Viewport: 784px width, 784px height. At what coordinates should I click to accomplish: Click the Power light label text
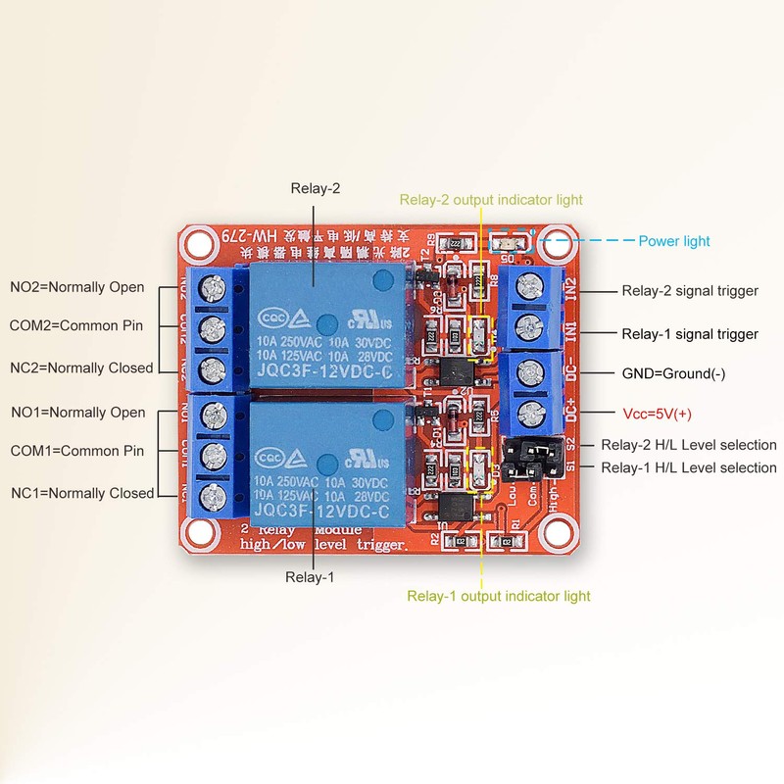coord(674,241)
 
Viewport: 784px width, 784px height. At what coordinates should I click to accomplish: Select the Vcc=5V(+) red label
coord(657,414)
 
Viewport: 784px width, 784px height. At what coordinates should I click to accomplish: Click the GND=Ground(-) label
coord(674,373)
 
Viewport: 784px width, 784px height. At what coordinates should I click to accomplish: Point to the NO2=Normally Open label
coord(77,287)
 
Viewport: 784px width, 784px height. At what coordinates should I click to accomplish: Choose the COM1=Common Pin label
coord(76,451)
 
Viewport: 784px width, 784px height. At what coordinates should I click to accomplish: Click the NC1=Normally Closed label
coord(82,493)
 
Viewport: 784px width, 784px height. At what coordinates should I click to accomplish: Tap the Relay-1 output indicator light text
coord(499,596)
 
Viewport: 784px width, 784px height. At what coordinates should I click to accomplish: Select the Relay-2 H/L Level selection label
coord(688,445)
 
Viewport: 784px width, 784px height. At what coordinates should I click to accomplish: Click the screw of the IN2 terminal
coord(530,287)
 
